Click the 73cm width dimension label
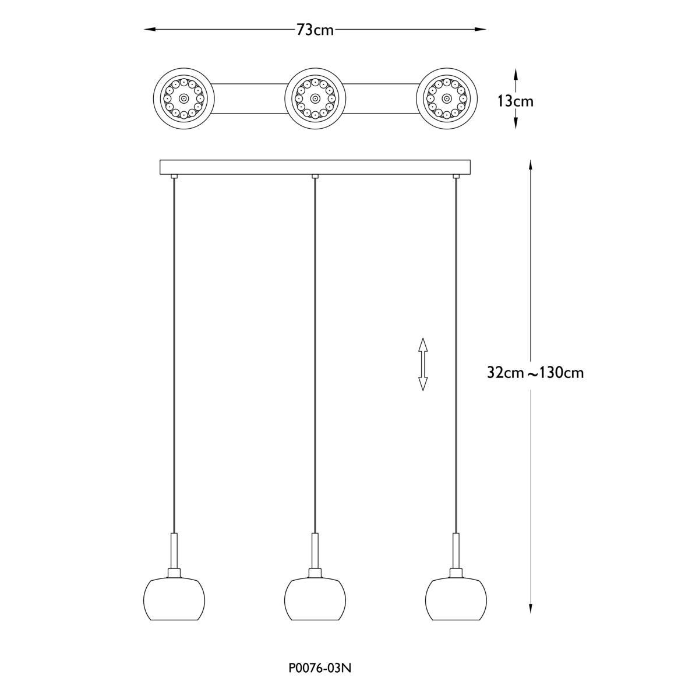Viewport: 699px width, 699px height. pyautogui.click(x=315, y=30)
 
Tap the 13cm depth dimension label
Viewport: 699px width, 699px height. pyautogui.click(x=516, y=101)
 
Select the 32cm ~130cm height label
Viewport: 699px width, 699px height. pyautogui.click(x=535, y=373)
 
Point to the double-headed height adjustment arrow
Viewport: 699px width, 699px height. pyautogui.click(x=423, y=364)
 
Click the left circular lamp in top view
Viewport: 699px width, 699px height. pyautogui.click(x=184, y=98)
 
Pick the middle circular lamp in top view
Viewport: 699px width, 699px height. pyautogui.click(x=315, y=98)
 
